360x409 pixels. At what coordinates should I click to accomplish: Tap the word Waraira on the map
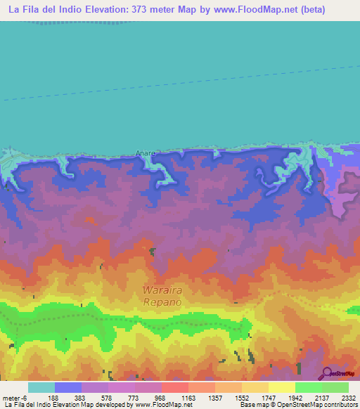162,290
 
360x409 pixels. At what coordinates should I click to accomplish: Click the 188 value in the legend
53,398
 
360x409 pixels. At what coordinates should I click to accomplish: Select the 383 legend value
81,398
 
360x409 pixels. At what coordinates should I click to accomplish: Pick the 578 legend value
108,398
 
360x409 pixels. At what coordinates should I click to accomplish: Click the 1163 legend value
188,398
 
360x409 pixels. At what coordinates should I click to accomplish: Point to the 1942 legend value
295,398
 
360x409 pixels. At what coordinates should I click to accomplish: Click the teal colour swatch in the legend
41,387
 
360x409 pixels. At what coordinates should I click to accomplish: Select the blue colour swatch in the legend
67,387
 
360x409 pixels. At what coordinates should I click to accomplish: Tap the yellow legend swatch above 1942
281,387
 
